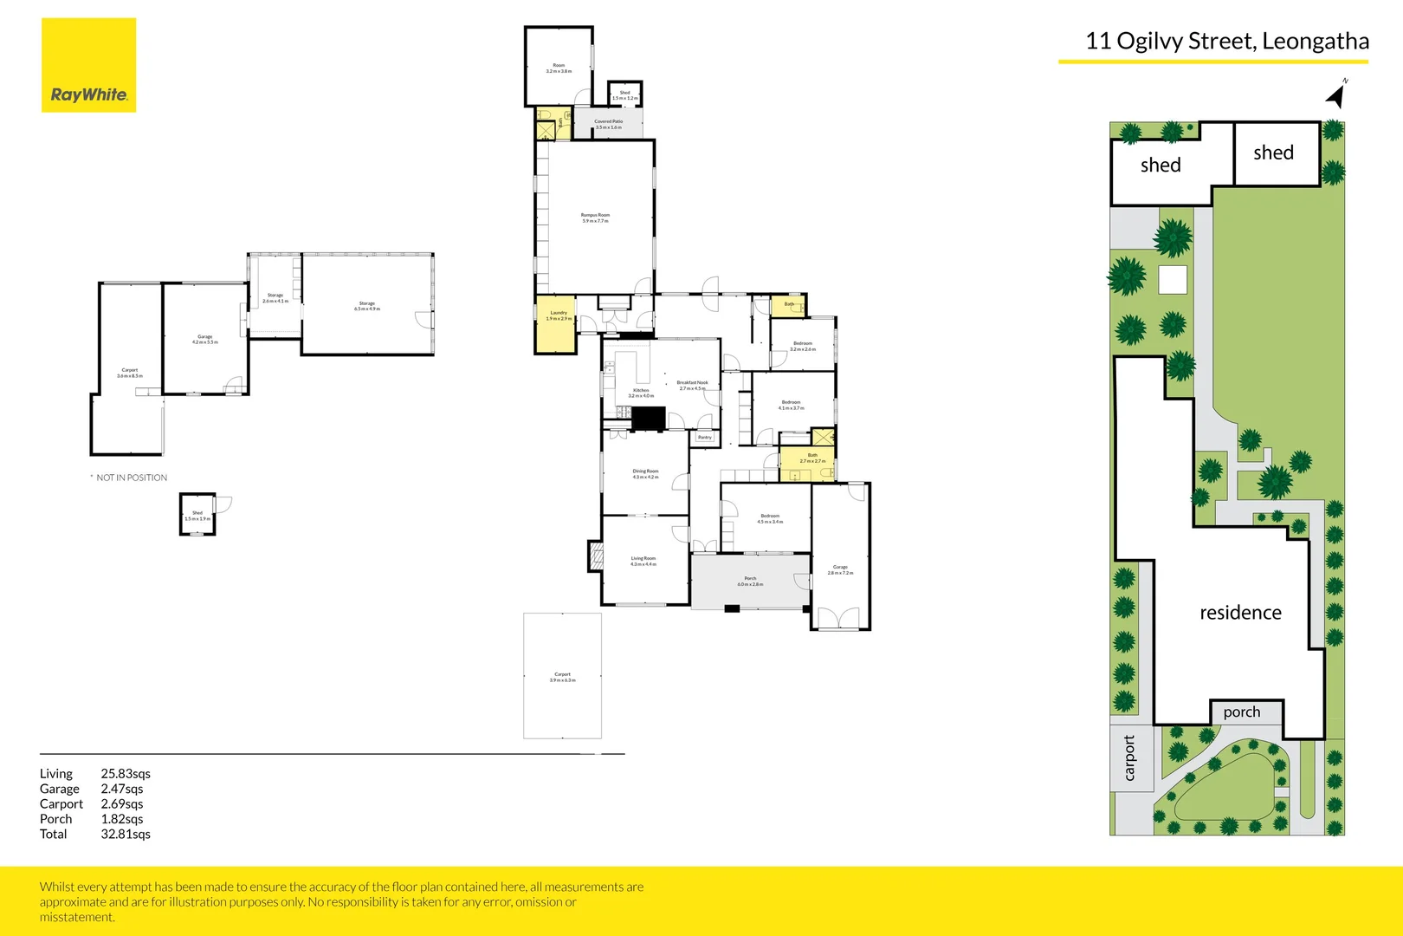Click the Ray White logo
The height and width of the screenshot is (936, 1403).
[x=88, y=66]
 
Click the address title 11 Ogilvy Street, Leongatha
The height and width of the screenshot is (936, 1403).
[x=1226, y=41]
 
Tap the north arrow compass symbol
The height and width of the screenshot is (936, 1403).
[x=1337, y=94]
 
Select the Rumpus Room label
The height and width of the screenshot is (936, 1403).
[x=595, y=218]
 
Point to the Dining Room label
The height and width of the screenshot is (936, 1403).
[x=645, y=474]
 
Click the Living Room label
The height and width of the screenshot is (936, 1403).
[x=643, y=561]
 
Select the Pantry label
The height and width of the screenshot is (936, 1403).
[x=705, y=438]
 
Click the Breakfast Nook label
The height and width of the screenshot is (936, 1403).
[x=692, y=385]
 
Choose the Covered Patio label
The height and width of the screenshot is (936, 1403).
[x=608, y=124]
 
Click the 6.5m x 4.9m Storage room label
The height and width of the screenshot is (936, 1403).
[x=367, y=306]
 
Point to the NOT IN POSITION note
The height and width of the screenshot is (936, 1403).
[x=131, y=478]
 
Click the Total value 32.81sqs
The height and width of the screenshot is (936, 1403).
[x=126, y=834]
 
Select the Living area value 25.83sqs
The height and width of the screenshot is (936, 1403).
[x=126, y=773]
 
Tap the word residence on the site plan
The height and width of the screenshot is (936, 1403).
[x=1240, y=613]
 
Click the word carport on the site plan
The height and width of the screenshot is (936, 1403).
[x=1129, y=758]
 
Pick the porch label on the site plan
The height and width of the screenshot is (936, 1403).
[x=1242, y=712]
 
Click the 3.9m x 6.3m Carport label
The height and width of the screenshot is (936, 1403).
[x=562, y=677]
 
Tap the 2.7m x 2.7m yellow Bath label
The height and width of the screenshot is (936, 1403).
[x=812, y=458]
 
